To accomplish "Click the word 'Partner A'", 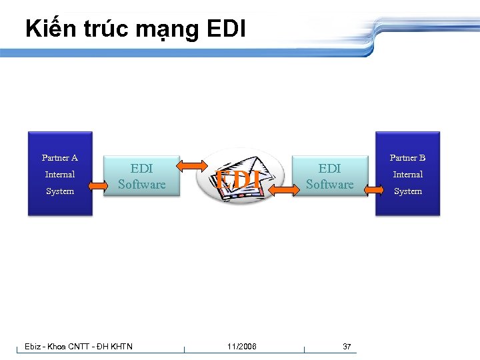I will coord(60,158).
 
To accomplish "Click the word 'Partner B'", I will coord(407,158).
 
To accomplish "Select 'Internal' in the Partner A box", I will coord(60,175).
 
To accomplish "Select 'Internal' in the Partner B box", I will coord(407,175).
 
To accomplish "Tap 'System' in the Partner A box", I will coord(60,191).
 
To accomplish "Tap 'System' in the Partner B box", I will coord(407,191).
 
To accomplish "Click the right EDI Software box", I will coord(329,176).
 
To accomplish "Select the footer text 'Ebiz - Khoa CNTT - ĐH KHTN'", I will coord(79,346).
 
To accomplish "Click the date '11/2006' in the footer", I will coord(241,346).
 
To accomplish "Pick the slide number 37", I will coord(347,346).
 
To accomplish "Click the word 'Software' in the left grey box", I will coord(141,185).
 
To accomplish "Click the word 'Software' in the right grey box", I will coord(329,185).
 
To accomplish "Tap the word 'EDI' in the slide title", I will coord(227,29).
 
